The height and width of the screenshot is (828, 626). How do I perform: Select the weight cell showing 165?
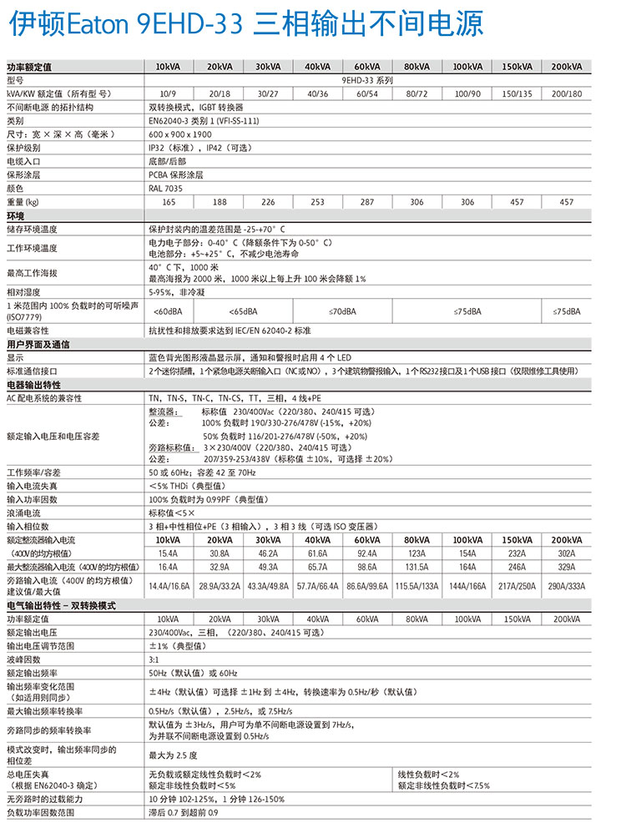coord(169,202)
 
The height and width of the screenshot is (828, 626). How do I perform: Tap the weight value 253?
coord(317,202)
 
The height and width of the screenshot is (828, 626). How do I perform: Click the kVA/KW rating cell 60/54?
coord(366,93)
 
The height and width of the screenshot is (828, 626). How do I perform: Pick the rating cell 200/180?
coord(567,93)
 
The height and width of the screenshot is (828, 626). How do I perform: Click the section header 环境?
coord(15,215)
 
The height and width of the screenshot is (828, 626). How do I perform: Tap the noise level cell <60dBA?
coord(169,311)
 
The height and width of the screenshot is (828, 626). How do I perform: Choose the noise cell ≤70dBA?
coord(342,311)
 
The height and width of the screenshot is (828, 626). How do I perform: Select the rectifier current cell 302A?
coord(566,553)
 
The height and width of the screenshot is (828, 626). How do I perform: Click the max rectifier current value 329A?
coord(566,566)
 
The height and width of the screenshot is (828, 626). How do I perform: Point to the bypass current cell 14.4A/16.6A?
coord(169,587)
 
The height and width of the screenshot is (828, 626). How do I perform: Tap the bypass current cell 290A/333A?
coord(566,587)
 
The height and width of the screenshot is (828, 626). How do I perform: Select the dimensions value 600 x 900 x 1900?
coord(181,134)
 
